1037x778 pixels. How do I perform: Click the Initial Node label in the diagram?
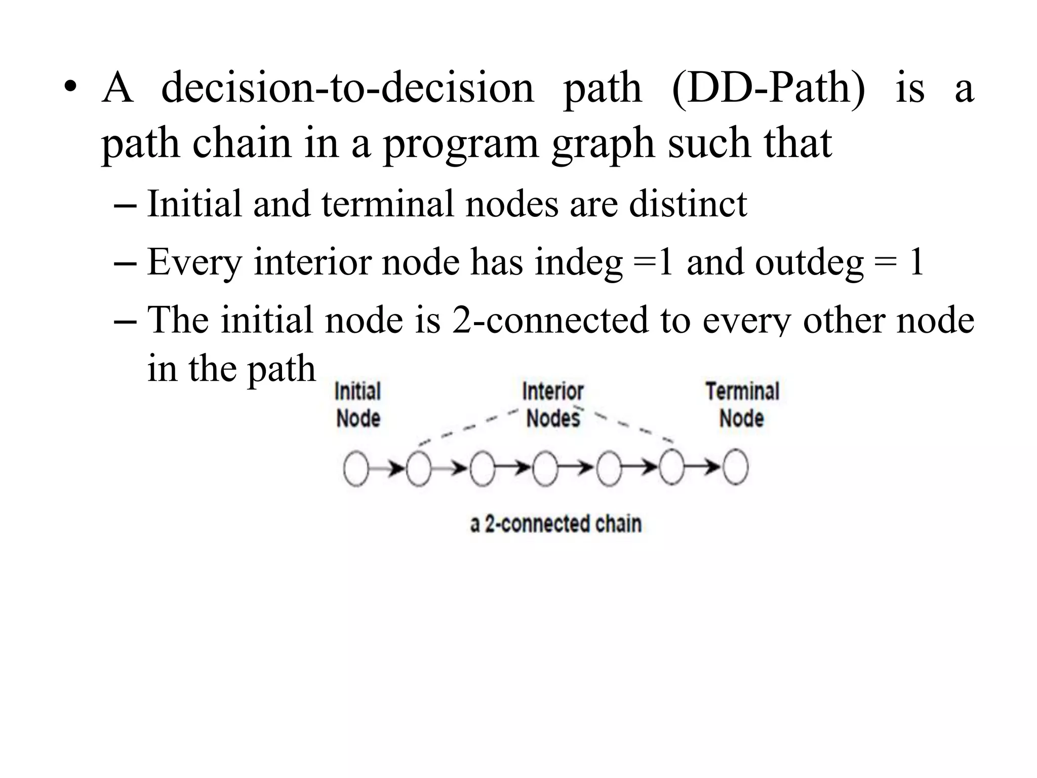click(x=358, y=405)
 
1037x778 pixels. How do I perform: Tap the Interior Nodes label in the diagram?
click(x=553, y=405)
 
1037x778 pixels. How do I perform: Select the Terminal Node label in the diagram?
click(x=742, y=405)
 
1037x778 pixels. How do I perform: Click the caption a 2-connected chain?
click(x=556, y=524)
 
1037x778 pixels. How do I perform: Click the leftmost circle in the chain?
click(x=356, y=469)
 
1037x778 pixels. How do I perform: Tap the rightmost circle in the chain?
click(x=735, y=469)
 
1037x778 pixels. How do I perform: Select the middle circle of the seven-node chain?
click(x=545, y=469)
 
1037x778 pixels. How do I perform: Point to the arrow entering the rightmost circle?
click(x=704, y=469)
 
